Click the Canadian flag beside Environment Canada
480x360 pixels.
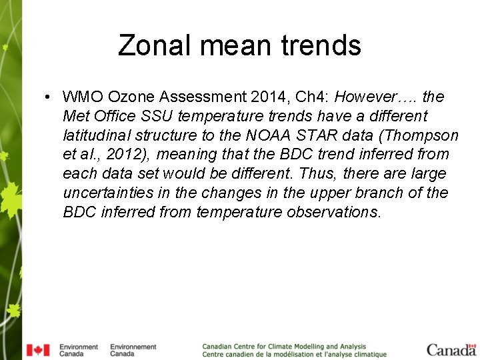point(38,350)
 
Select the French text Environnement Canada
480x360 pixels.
point(133,350)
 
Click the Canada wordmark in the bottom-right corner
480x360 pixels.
point(451,350)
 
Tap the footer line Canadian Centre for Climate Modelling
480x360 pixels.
point(284,347)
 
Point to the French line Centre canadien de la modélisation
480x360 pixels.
point(294,355)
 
